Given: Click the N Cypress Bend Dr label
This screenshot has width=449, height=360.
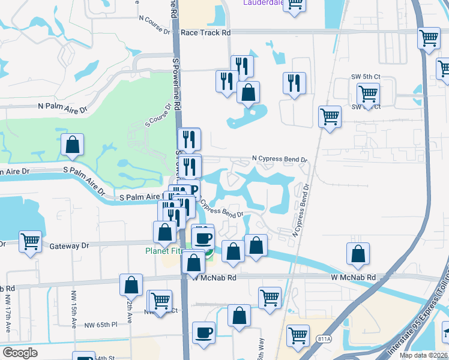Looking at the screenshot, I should (279, 160).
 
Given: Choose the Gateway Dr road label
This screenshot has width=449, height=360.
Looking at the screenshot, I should (68, 245).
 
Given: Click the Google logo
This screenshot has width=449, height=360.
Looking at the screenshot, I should (20, 353).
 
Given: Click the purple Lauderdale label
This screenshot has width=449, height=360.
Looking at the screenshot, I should (263, 2).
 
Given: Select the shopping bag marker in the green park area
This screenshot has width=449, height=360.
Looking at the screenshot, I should (72, 145).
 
